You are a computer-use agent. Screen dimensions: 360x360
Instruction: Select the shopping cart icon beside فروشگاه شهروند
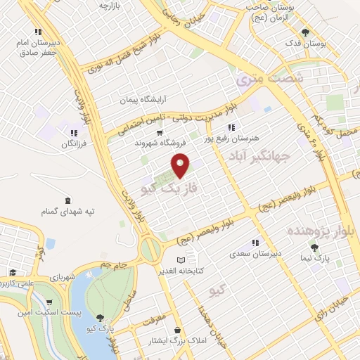pyautogui.click(x=160, y=131)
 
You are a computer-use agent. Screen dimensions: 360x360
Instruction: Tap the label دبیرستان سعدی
pyautogui.click(x=257, y=253)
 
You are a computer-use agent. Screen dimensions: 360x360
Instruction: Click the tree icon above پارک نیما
pyautogui.click(x=314, y=247)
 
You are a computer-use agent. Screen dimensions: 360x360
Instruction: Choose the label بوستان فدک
pyautogui.click(x=306, y=44)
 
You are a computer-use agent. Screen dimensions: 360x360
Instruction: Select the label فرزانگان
pyautogui.click(x=70, y=143)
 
